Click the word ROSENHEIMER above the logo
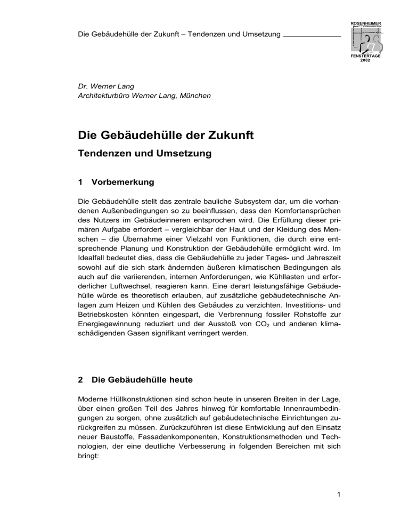point(365,24)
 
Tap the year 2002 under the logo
point(365,61)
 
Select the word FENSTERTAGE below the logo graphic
point(365,56)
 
